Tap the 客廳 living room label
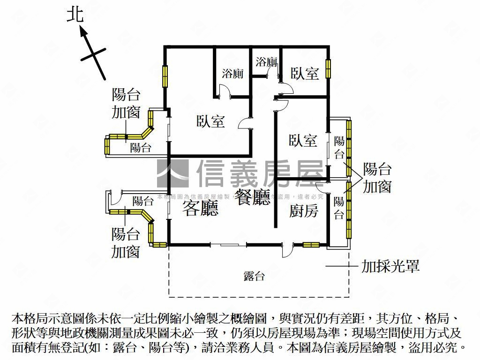[x=200, y=208]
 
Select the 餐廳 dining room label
[x=253, y=197]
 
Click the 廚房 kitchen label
[x=303, y=211]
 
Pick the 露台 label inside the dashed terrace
[x=254, y=276]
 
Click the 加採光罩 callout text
[x=390, y=267]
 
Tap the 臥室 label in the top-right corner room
[x=305, y=73]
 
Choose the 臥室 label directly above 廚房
[x=303, y=141]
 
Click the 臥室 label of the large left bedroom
[x=210, y=121]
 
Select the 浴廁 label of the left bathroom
[x=232, y=74]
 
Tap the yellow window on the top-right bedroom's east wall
[x=329, y=68]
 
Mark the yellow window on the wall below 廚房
[x=311, y=244]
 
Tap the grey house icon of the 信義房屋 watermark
[x=172, y=173]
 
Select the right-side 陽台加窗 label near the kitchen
[x=377, y=178]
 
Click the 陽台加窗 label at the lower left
[x=126, y=242]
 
